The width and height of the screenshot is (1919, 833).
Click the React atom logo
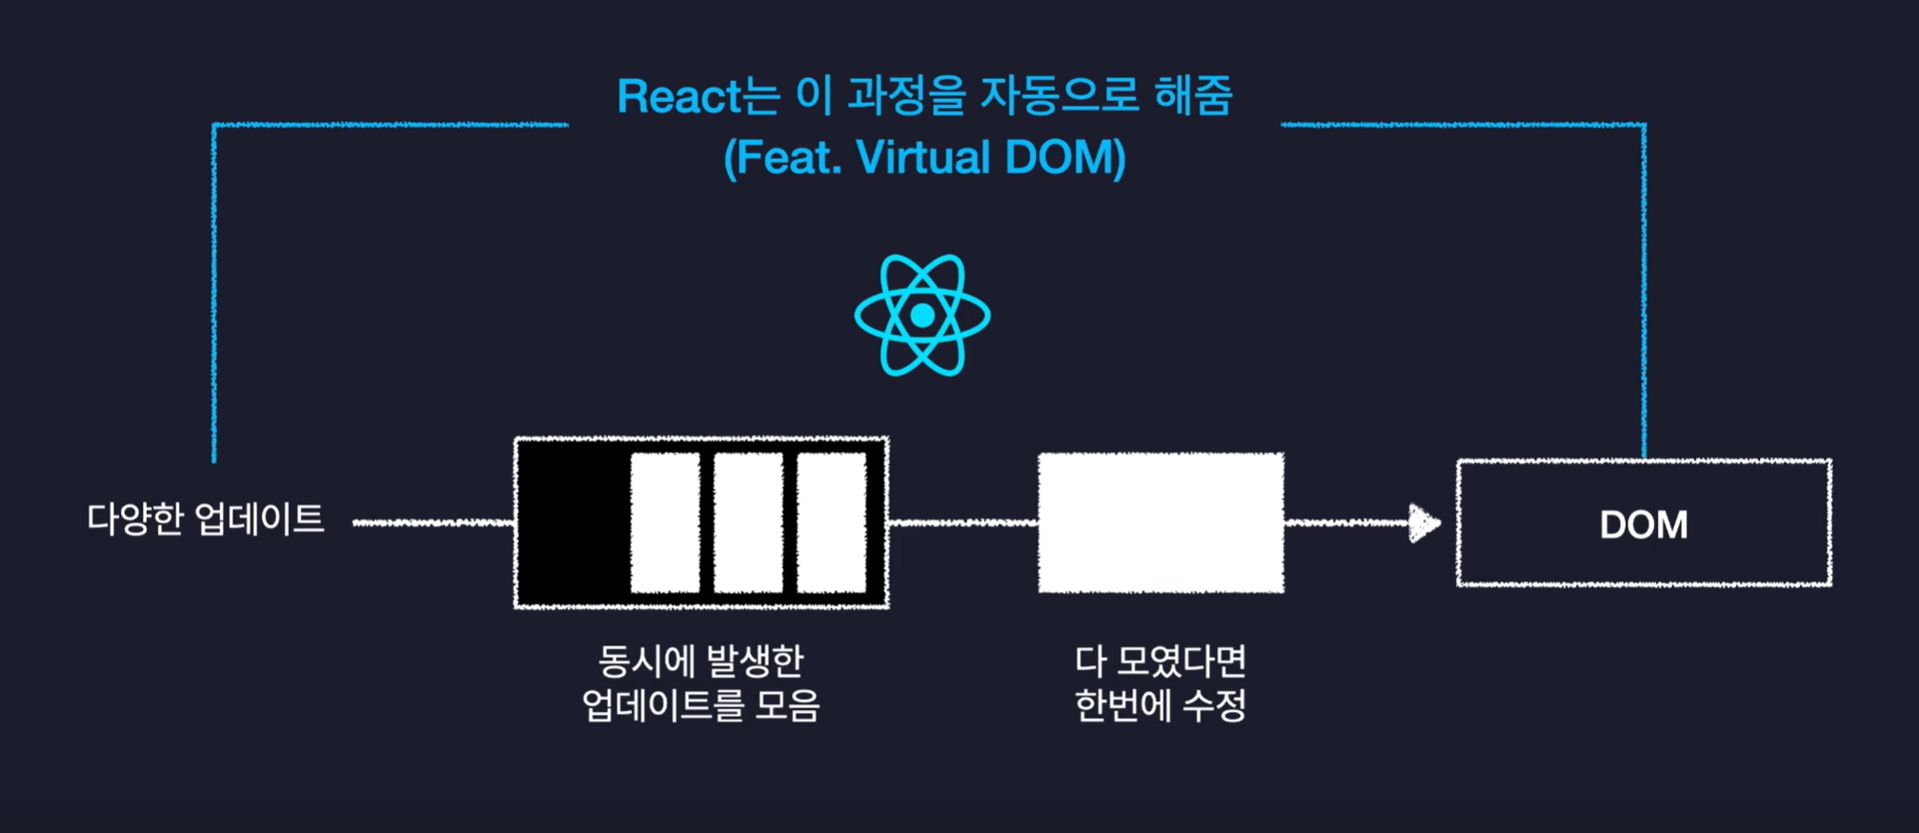(922, 315)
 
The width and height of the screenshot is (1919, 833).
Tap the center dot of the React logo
(922, 315)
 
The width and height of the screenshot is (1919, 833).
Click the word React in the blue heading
(678, 96)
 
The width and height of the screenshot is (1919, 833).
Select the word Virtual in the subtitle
(923, 157)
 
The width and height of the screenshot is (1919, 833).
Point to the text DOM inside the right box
(1644, 524)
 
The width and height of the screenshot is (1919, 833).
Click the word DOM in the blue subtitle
(1065, 157)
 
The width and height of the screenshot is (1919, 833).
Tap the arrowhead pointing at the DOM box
(1424, 523)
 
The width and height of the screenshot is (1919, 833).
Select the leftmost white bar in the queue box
(665, 522)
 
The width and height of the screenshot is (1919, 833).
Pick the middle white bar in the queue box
(748, 522)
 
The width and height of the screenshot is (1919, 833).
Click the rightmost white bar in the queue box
(831, 522)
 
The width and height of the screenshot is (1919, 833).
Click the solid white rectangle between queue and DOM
(1161, 522)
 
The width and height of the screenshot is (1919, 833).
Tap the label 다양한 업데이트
(206, 519)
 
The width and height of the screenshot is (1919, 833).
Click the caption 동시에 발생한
(701, 660)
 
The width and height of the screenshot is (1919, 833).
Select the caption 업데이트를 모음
(701, 705)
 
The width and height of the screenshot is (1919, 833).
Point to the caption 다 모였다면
(1161, 660)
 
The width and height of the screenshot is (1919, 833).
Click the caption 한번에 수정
(1161, 705)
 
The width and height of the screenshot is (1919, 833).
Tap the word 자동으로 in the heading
(1060, 96)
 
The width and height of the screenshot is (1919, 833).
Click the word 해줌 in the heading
(1193, 96)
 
